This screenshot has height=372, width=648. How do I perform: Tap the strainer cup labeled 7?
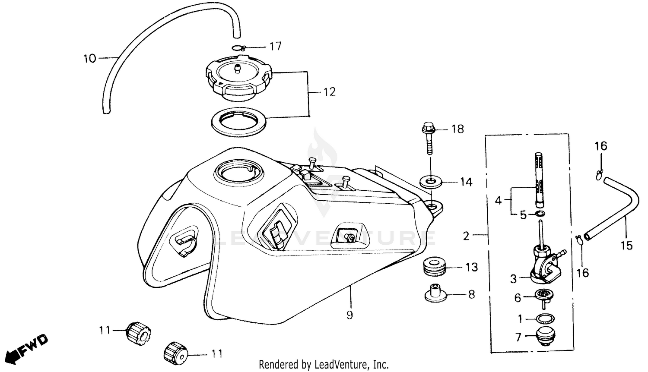pyautogui.click(x=545, y=336)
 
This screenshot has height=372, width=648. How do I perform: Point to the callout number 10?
pyautogui.click(x=89, y=58)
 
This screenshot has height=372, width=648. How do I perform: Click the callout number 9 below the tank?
pyautogui.click(x=349, y=315)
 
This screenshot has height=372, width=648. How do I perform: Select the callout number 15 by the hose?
pyautogui.click(x=626, y=246)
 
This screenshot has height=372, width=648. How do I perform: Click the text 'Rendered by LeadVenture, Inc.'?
pyautogui.click(x=324, y=364)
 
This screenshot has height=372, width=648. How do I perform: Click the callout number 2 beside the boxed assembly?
pyautogui.click(x=466, y=236)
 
